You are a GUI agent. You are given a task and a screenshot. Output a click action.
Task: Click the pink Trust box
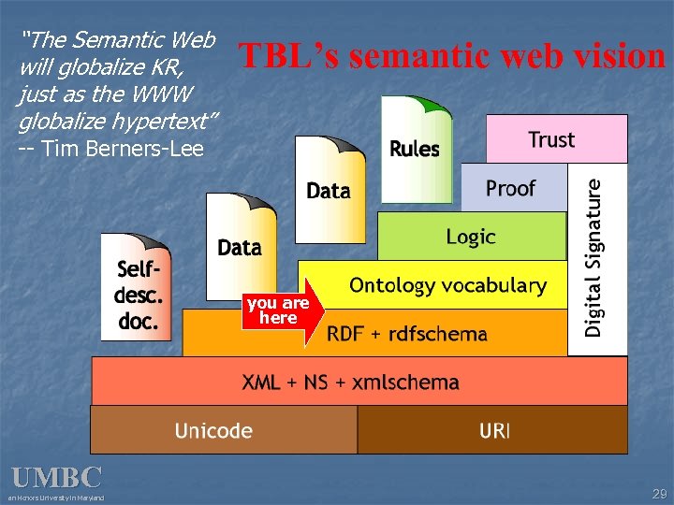[556, 139]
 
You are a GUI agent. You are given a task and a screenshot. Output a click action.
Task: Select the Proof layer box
[513, 188]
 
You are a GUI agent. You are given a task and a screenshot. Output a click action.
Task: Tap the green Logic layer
[471, 237]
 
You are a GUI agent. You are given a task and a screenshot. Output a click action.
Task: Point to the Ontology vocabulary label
[447, 285]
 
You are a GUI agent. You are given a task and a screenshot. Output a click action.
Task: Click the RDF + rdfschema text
[407, 333]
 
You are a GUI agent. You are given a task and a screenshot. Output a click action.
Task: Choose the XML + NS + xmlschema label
[351, 382]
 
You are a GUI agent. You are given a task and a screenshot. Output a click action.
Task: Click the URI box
[493, 430]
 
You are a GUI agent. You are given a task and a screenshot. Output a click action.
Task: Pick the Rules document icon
[415, 149]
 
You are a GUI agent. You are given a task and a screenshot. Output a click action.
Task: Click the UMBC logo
[56, 478]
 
